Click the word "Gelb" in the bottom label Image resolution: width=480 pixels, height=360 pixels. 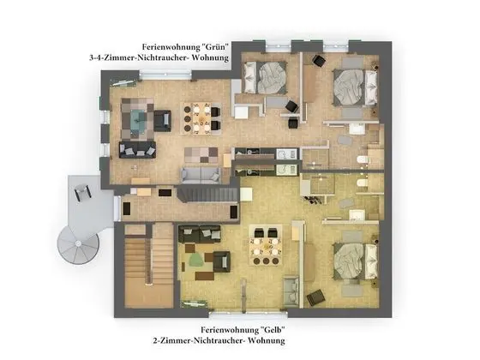tap(268, 330)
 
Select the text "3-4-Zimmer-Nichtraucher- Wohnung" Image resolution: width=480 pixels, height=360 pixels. tap(160, 57)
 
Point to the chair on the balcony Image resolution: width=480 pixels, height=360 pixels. tap(83, 195)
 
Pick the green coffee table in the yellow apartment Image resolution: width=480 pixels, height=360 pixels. tap(196, 256)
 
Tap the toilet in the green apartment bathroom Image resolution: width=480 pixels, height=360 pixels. tap(363, 161)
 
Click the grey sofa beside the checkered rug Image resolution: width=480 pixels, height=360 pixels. tap(199, 176)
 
